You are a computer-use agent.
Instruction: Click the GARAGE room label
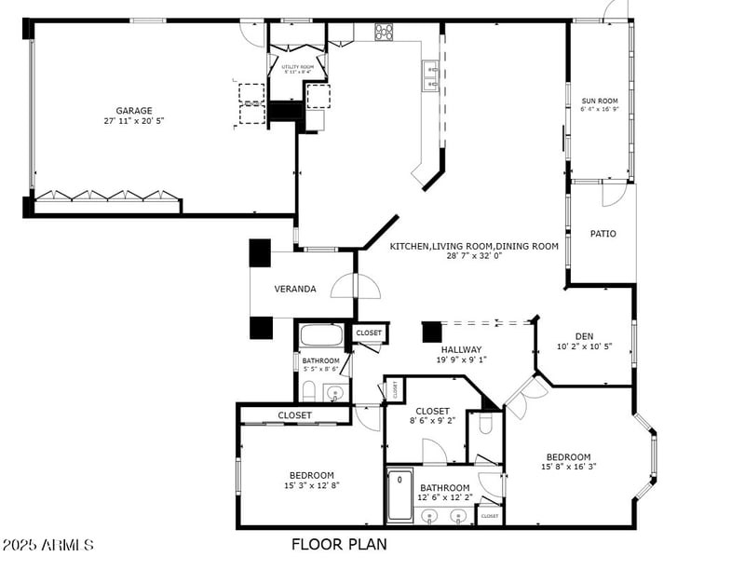pyautogui.click(x=134, y=110)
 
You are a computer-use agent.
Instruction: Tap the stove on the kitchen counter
pyautogui.click(x=385, y=33)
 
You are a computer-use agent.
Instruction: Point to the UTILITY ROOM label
pyautogui.click(x=298, y=67)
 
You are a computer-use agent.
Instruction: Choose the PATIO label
pyautogui.click(x=603, y=234)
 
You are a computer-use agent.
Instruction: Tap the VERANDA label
pyautogui.click(x=294, y=289)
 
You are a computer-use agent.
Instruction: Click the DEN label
pyautogui.click(x=583, y=336)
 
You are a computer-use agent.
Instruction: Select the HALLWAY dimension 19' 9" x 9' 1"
pyautogui.click(x=461, y=360)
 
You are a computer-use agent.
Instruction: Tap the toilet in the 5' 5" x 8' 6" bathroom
pyautogui.click(x=309, y=390)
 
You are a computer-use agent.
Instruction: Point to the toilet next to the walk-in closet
pyautogui.click(x=484, y=425)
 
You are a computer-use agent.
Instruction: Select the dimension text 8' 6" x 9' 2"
pyautogui.click(x=432, y=421)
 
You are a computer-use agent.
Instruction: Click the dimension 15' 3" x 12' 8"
pyautogui.click(x=311, y=485)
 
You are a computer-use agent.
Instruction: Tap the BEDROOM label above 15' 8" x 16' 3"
pyautogui.click(x=568, y=456)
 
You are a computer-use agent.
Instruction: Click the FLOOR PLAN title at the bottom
pyautogui.click(x=339, y=544)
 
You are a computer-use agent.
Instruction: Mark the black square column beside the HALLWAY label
pyautogui.click(x=431, y=332)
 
